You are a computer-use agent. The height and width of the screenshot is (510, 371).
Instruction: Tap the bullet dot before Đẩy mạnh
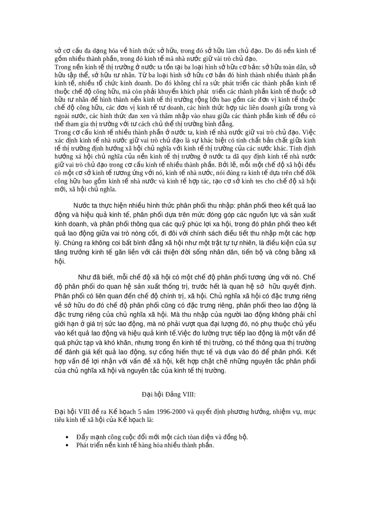(67, 437)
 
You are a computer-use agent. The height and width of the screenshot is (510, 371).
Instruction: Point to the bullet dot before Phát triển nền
(67, 445)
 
